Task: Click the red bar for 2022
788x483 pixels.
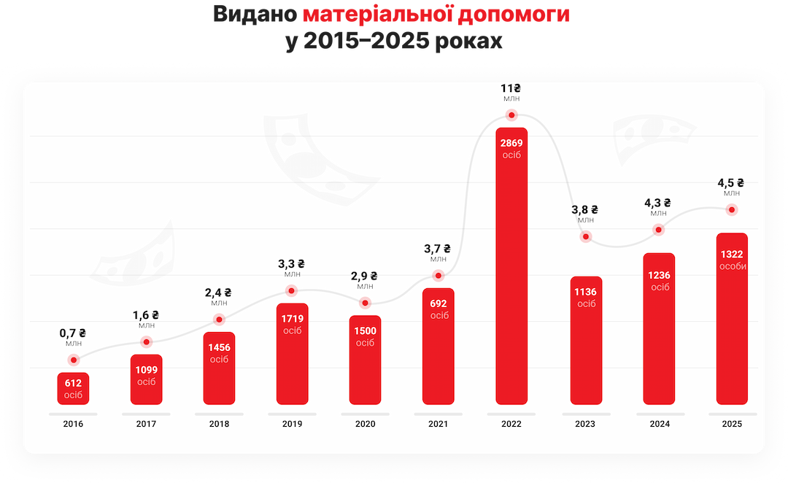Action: pyautogui.click(x=511, y=266)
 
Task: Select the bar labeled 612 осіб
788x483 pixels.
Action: pyautogui.click(x=73, y=389)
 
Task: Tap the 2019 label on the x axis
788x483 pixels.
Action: pyautogui.click(x=292, y=424)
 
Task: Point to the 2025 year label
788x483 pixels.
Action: pyautogui.click(x=731, y=424)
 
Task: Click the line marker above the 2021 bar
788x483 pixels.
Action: pyautogui.click(x=438, y=275)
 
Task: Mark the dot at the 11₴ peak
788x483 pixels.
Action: pyautogui.click(x=511, y=115)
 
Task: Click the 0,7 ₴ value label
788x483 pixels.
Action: pyautogui.click(x=73, y=333)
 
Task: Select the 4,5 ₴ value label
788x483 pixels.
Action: pyautogui.click(x=731, y=183)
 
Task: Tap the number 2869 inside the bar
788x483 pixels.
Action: pyautogui.click(x=511, y=143)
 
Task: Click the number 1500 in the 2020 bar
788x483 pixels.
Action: pyautogui.click(x=365, y=331)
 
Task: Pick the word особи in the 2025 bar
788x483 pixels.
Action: pyautogui.click(x=731, y=266)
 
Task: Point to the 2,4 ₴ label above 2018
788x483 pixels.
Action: pyautogui.click(x=219, y=293)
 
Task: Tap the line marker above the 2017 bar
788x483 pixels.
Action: pyautogui.click(x=146, y=341)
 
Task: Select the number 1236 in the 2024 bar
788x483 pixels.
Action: pyautogui.click(x=658, y=275)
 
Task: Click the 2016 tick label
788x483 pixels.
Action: pyautogui.click(x=73, y=424)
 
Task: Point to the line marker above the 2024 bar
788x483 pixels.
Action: pyautogui.click(x=658, y=229)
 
